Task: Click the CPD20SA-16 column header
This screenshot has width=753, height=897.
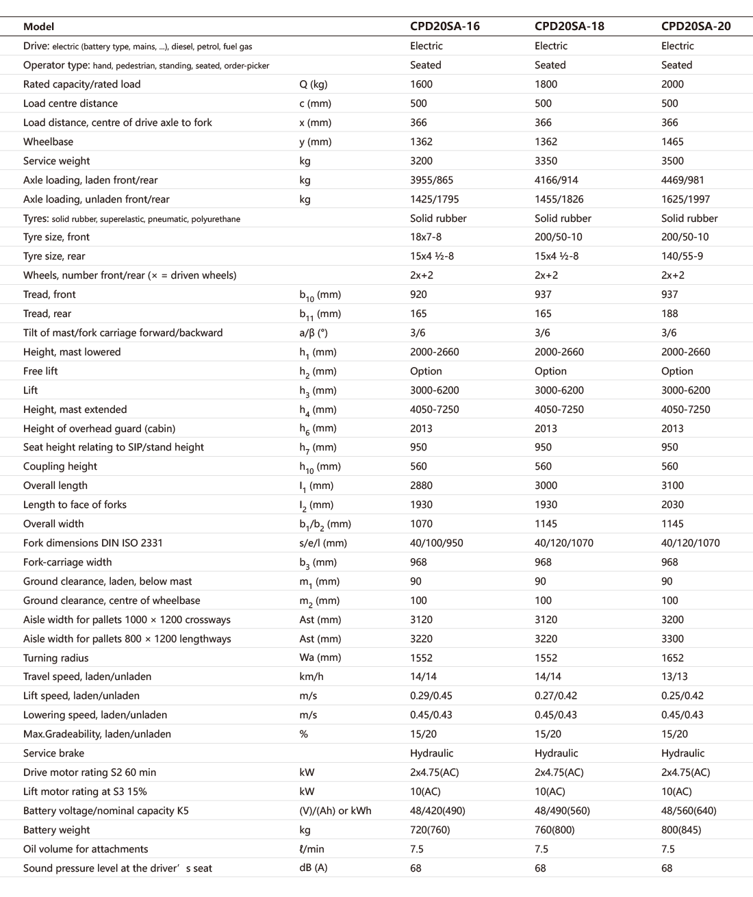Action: pyautogui.click(x=444, y=27)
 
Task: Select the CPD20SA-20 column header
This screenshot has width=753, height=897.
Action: pyautogui.click(x=695, y=27)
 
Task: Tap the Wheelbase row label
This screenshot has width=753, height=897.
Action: pyautogui.click(x=48, y=142)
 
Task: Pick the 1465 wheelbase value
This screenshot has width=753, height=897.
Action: pyautogui.click(x=672, y=142)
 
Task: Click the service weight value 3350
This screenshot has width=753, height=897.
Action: pyautogui.click(x=546, y=161)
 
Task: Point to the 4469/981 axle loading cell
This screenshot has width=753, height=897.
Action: pyautogui.click(x=682, y=180)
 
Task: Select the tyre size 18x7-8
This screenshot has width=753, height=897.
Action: pyautogui.click(x=425, y=237)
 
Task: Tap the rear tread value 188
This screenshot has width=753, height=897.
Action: pyautogui.click(x=669, y=314)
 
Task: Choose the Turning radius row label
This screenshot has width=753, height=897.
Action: pyautogui.click(x=55, y=658)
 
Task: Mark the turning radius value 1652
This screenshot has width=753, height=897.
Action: pyautogui.click(x=672, y=658)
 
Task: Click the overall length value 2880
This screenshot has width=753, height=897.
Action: pyautogui.click(x=421, y=485)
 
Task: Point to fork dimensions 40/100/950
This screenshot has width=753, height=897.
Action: pyautogui.click(x=436, y=543)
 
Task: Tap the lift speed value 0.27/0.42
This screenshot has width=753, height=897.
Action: pyautogui.click(x=556, y=696)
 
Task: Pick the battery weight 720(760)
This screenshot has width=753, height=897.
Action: pyautogui.click(x=430, y=830)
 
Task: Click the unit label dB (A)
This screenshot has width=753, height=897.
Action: pyautogui.click(x=313, y=868)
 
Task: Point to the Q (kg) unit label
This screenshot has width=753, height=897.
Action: pyautogui.click(x=313, y=84)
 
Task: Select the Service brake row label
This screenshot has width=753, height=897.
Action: pyautogui.click(x=53, y=753)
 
